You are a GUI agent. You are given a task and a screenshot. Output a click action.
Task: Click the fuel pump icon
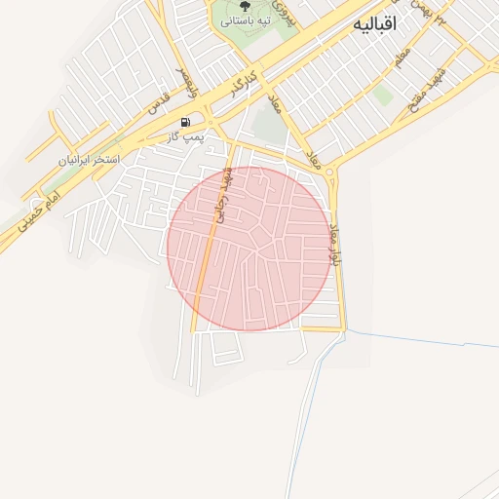click(185, 122)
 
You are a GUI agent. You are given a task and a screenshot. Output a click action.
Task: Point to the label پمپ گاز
click(184, 137)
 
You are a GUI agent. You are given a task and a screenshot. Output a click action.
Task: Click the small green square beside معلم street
click(383, 96)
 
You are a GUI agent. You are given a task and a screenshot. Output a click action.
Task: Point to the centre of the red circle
click(249, 249)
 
